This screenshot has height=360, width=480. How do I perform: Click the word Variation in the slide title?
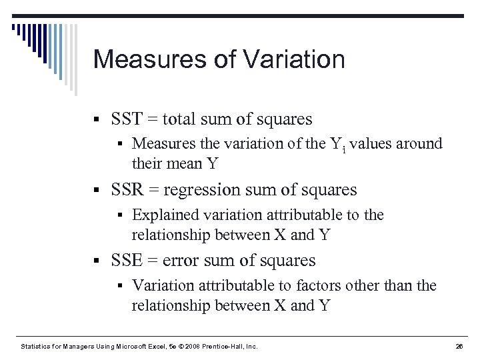295,59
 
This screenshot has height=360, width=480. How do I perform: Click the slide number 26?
459,346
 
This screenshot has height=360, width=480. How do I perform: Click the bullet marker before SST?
97,120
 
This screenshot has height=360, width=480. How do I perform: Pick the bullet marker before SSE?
97,261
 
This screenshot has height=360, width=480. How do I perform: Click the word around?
419,143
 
